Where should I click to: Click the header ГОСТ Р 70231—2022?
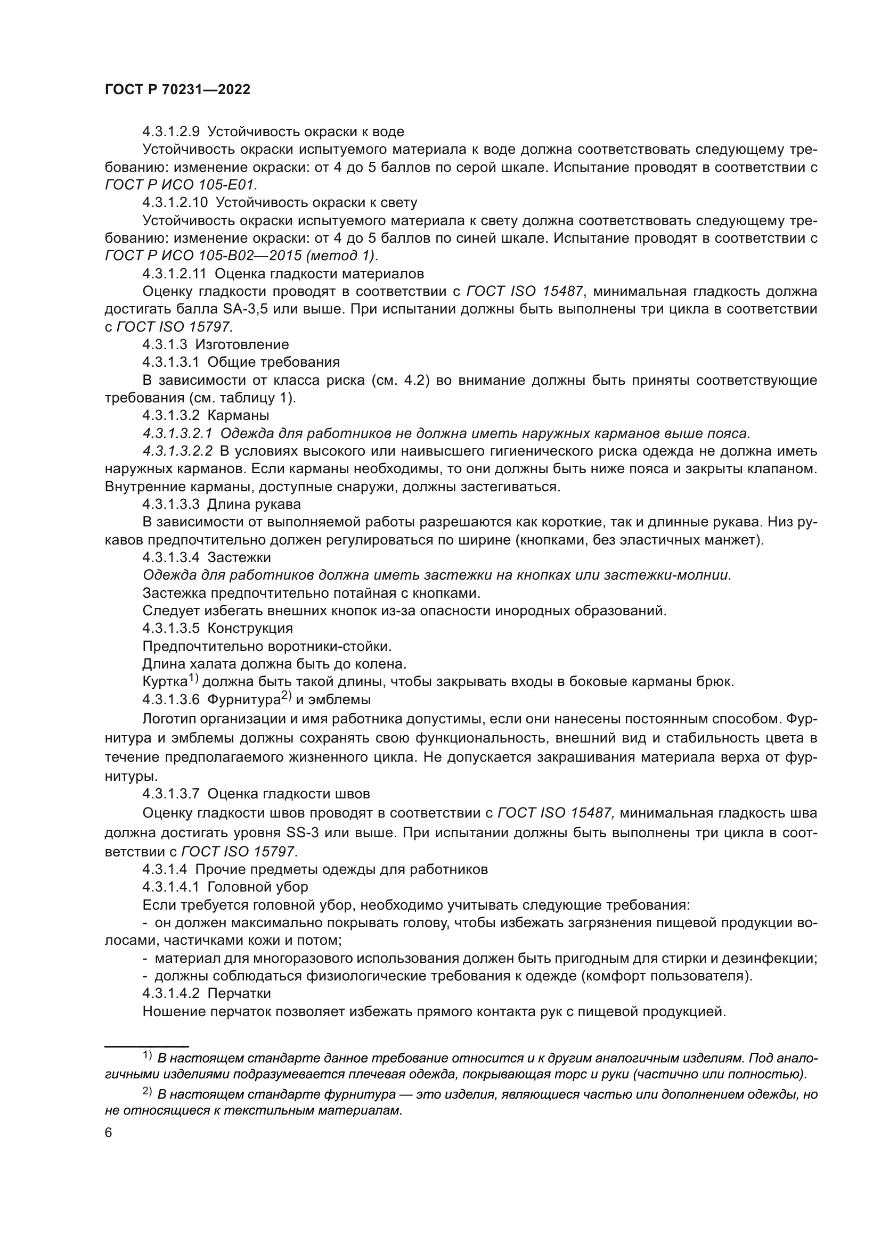[x=177, y=90]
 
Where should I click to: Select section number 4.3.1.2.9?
[x=171, y=131]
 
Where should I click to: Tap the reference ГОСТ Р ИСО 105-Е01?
[x=181, y=184]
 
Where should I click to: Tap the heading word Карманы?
[x=238, y=415]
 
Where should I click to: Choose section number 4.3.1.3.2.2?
[x=178, y=451]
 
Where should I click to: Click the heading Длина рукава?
[x=254, y=504]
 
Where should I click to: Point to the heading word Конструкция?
[x=250, y=629]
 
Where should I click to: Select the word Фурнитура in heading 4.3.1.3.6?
[x=243, y=699]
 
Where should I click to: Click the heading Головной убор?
[x=258, y=887]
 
